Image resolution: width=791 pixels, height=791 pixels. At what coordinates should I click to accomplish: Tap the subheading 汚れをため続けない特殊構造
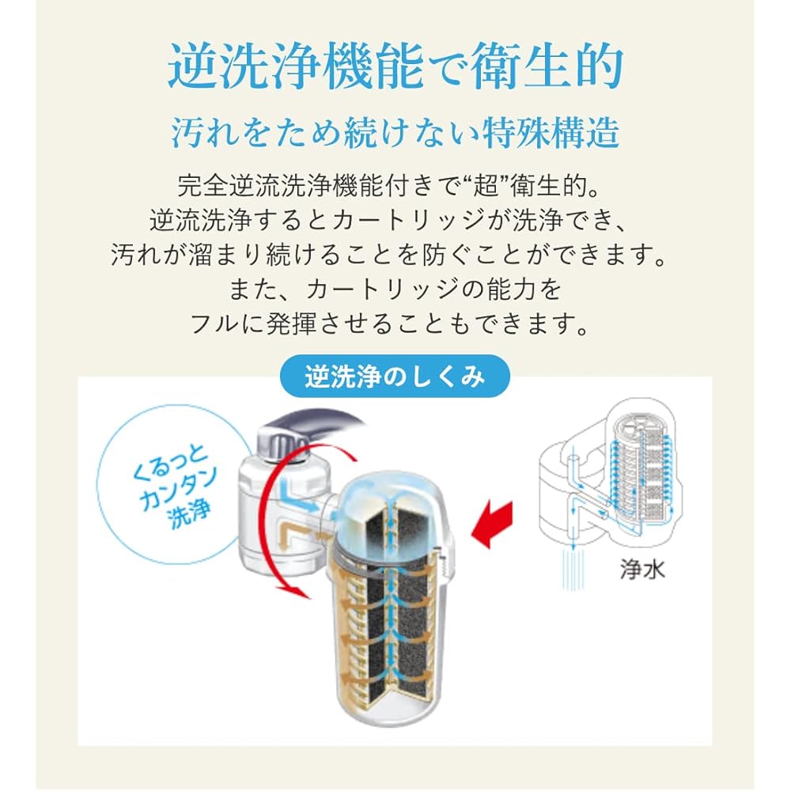(395, 132)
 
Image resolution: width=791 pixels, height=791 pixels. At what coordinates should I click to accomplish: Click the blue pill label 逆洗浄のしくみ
(395, 377)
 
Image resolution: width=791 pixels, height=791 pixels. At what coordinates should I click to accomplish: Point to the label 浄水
(642, 570)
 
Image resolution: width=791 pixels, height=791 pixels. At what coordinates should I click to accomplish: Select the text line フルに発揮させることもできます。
(395, 323)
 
